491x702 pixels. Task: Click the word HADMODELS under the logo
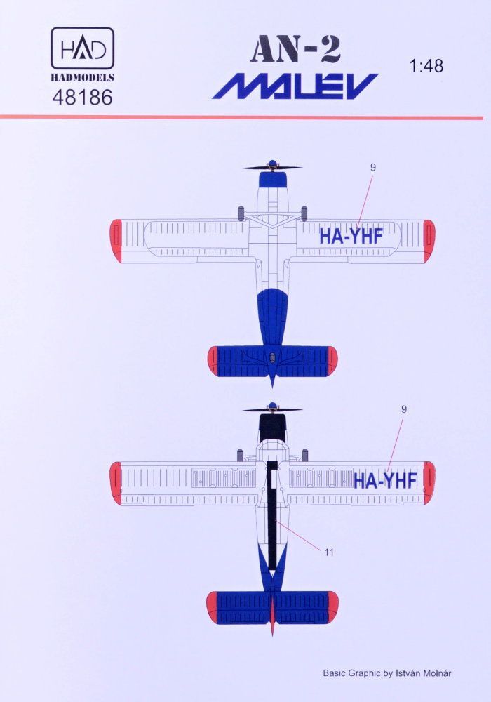pos(82,79)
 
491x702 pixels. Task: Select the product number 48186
pos(82,98)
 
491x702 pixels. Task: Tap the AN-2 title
pos(295,53)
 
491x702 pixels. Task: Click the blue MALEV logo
pos(295,86)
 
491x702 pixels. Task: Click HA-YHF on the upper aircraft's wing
pos(351,237)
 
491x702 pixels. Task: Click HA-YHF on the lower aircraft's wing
pos(386,480)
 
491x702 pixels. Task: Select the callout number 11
pos(329,552)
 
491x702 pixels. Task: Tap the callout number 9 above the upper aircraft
pos(373,167)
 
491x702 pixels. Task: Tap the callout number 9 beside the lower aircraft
pos(403,409)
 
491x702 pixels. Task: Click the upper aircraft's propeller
pos(272,167)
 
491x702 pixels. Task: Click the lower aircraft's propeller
pos(272,409)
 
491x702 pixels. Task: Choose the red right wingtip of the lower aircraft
pos(429,482)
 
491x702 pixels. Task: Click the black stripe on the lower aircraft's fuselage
pos(272,519)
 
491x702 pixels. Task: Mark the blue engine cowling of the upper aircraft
pos(272,180)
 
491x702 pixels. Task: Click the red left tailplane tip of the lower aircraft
pos(213,607)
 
